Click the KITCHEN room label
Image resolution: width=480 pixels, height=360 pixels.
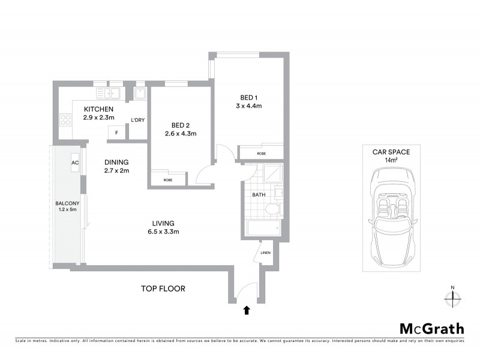(x=98, y=109)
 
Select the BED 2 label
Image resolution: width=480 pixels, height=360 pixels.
(x=181, y=125)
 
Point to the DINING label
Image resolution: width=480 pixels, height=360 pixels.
(x=116, y=162)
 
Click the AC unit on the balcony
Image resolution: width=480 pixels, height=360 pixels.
(x=76, y=163)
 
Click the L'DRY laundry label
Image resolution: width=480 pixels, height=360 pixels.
(x=138, y=121)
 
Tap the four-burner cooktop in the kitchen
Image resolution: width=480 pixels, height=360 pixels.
(x=65, y=119)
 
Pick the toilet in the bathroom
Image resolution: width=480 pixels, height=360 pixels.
(x=272, y=209)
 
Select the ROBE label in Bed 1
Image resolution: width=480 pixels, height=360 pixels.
(x=261, y=153)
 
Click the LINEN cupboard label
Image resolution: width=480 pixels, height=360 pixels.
(x=266, y=253)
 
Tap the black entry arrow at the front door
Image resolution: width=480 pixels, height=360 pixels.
(x=245, y=310)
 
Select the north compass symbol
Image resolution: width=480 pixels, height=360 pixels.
(x=452, y=296)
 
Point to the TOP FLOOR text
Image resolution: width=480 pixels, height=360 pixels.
(x=163, y=289)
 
